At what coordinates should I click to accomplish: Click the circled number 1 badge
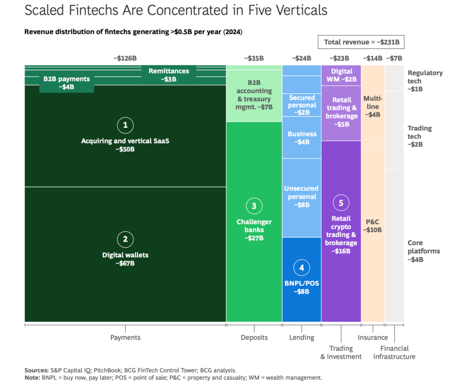125,125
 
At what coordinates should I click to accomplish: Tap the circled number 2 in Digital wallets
125,239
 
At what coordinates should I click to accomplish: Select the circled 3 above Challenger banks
254,206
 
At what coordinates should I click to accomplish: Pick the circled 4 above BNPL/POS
302,268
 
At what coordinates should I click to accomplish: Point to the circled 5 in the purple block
341,203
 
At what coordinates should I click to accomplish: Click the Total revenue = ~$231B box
361,42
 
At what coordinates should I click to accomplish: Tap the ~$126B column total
125,58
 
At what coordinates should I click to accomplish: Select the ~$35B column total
254,58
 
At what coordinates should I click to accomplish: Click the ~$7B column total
394,58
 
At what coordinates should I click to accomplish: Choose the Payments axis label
125,338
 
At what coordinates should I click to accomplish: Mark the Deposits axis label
254,338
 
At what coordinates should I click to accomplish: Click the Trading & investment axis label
341,352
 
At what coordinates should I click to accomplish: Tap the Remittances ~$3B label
169,75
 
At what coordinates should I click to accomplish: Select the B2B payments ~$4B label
67,83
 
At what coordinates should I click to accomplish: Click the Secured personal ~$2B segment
302,105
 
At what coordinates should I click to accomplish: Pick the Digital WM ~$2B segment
341,75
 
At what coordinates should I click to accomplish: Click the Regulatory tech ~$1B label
425,81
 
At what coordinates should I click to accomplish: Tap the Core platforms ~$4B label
424,251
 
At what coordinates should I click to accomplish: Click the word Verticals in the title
302,10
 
